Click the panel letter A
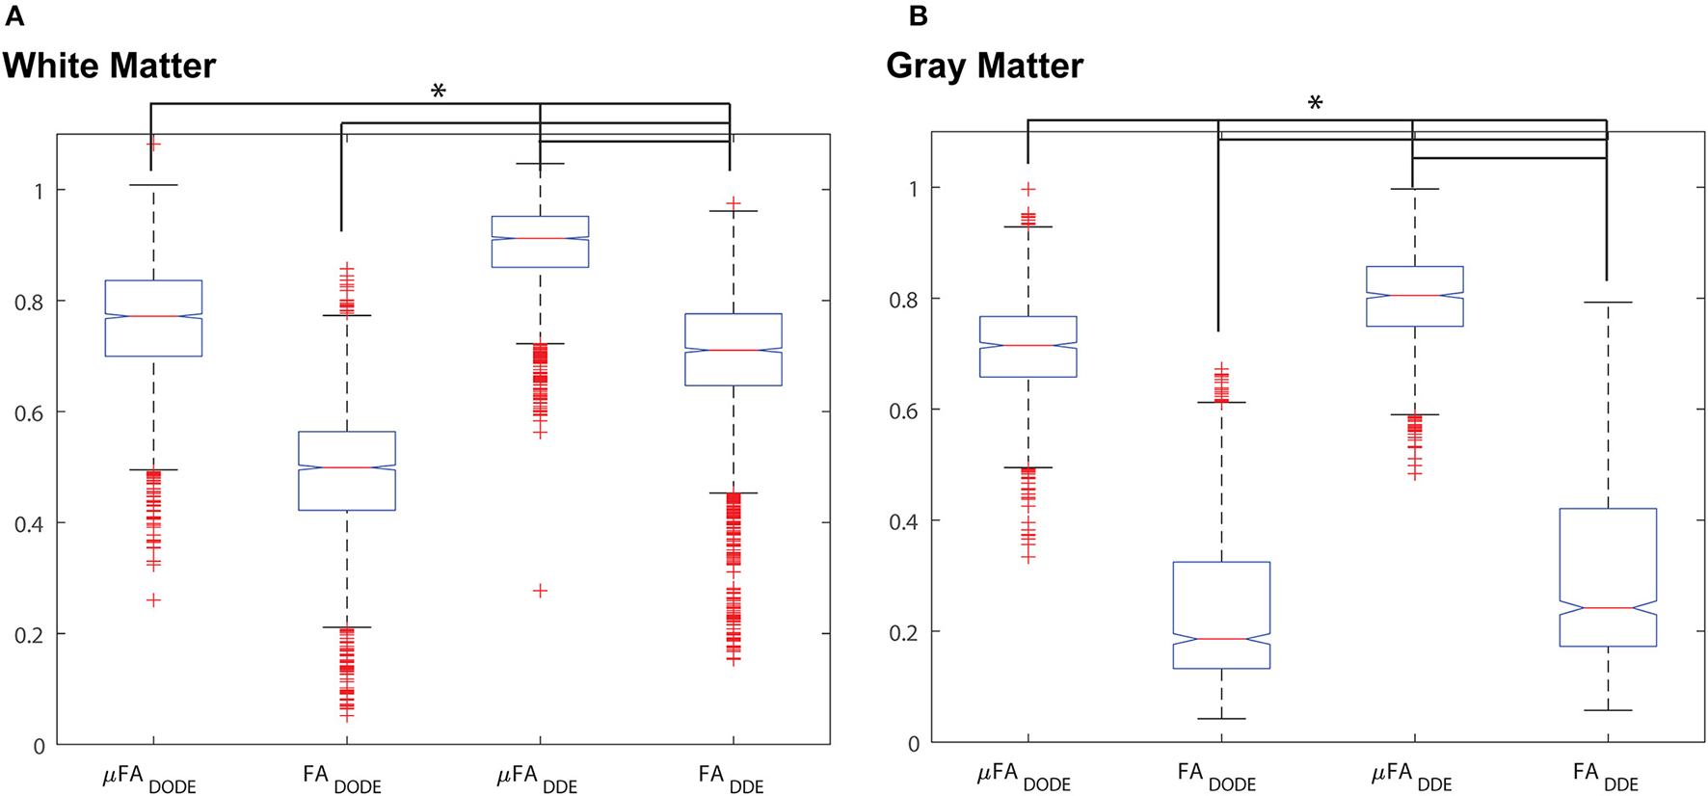coord(13,16)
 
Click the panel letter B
coord(918,16)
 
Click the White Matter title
coord(109,66)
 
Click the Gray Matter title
coord(984,66)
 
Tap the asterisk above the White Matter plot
coord(439,93)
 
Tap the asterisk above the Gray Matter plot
coord(1315,104)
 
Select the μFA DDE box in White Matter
coord(540,241)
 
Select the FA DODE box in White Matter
coord(347,470)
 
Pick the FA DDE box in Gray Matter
coord(1608,576)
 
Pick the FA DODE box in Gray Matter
coord(1221,615)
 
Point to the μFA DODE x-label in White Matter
coord(149,777)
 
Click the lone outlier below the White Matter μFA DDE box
coord(540,591)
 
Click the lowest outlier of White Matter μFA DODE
coord(153,600)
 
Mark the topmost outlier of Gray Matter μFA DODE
coord(1028,189)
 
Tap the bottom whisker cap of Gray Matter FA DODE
coord(1221,719)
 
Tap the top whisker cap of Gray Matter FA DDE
coord(1608,303)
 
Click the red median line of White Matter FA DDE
coord(733,350)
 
